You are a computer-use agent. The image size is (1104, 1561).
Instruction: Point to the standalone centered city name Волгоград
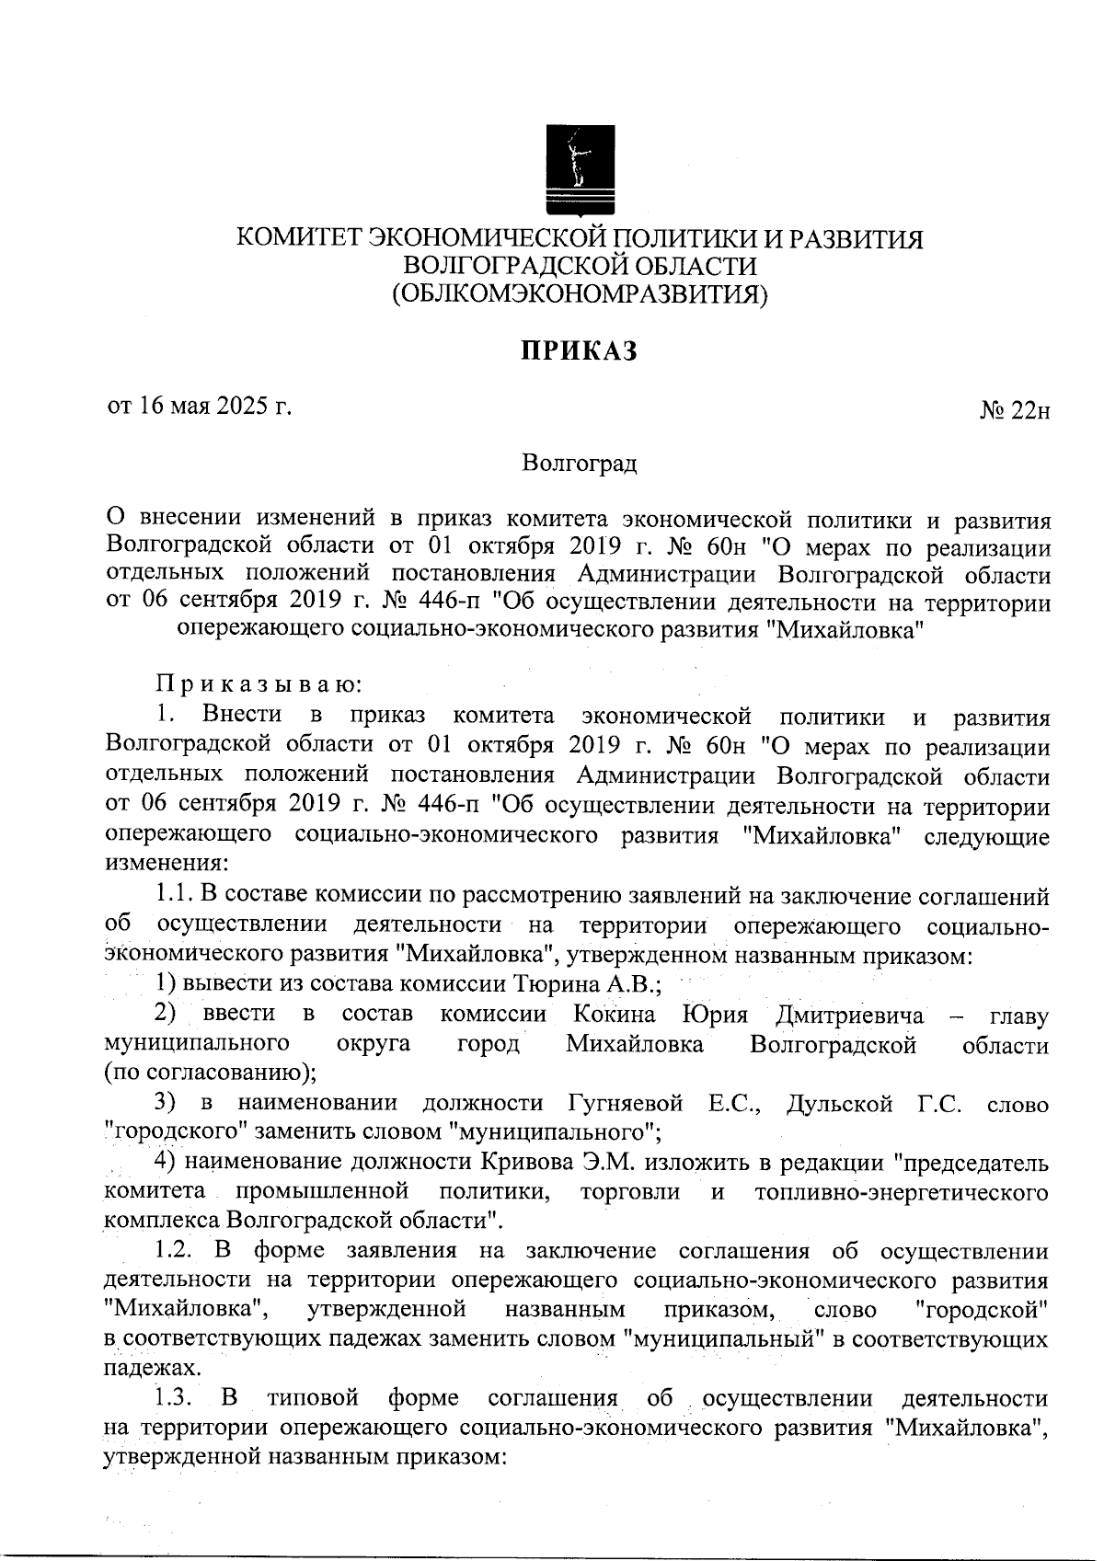tap(579, 463)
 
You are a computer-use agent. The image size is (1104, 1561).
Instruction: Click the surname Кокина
tap(615, 1015)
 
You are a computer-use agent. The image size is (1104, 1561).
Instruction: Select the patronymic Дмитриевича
tap(849, 1015)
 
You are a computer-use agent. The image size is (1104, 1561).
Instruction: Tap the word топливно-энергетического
tap(901, 1192)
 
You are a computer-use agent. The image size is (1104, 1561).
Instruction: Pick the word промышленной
tap(322, 1192)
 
